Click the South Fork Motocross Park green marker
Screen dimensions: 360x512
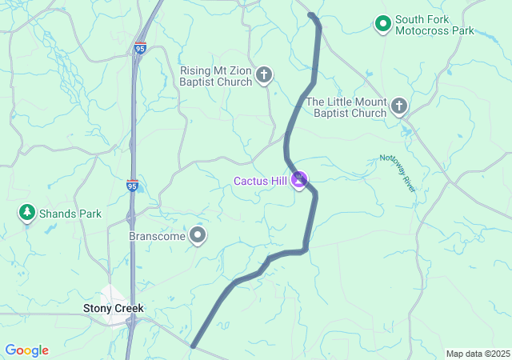click(x=383, y=25)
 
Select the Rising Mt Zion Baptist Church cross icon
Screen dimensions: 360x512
click(x=264, y=76)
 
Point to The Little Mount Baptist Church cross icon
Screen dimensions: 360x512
click(x=398, y=106)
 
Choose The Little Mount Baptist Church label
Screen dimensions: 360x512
click(x=346, y=107)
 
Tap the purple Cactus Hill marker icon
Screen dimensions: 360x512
click(x=299, y=181)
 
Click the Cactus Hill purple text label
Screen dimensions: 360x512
click(x=260, y=181)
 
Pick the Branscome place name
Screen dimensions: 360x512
click(x=157, y=237)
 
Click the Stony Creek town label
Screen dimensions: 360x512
click(x=114, y=307)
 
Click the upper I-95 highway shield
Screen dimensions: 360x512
click(x=141, y=48)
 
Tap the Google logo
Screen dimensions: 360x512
click(x=27, y=350)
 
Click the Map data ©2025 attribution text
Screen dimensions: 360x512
click(x=478, y=354)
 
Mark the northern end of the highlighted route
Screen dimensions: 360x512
click(x=311, y=15)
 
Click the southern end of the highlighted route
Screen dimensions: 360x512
click(x=193, y=346)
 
